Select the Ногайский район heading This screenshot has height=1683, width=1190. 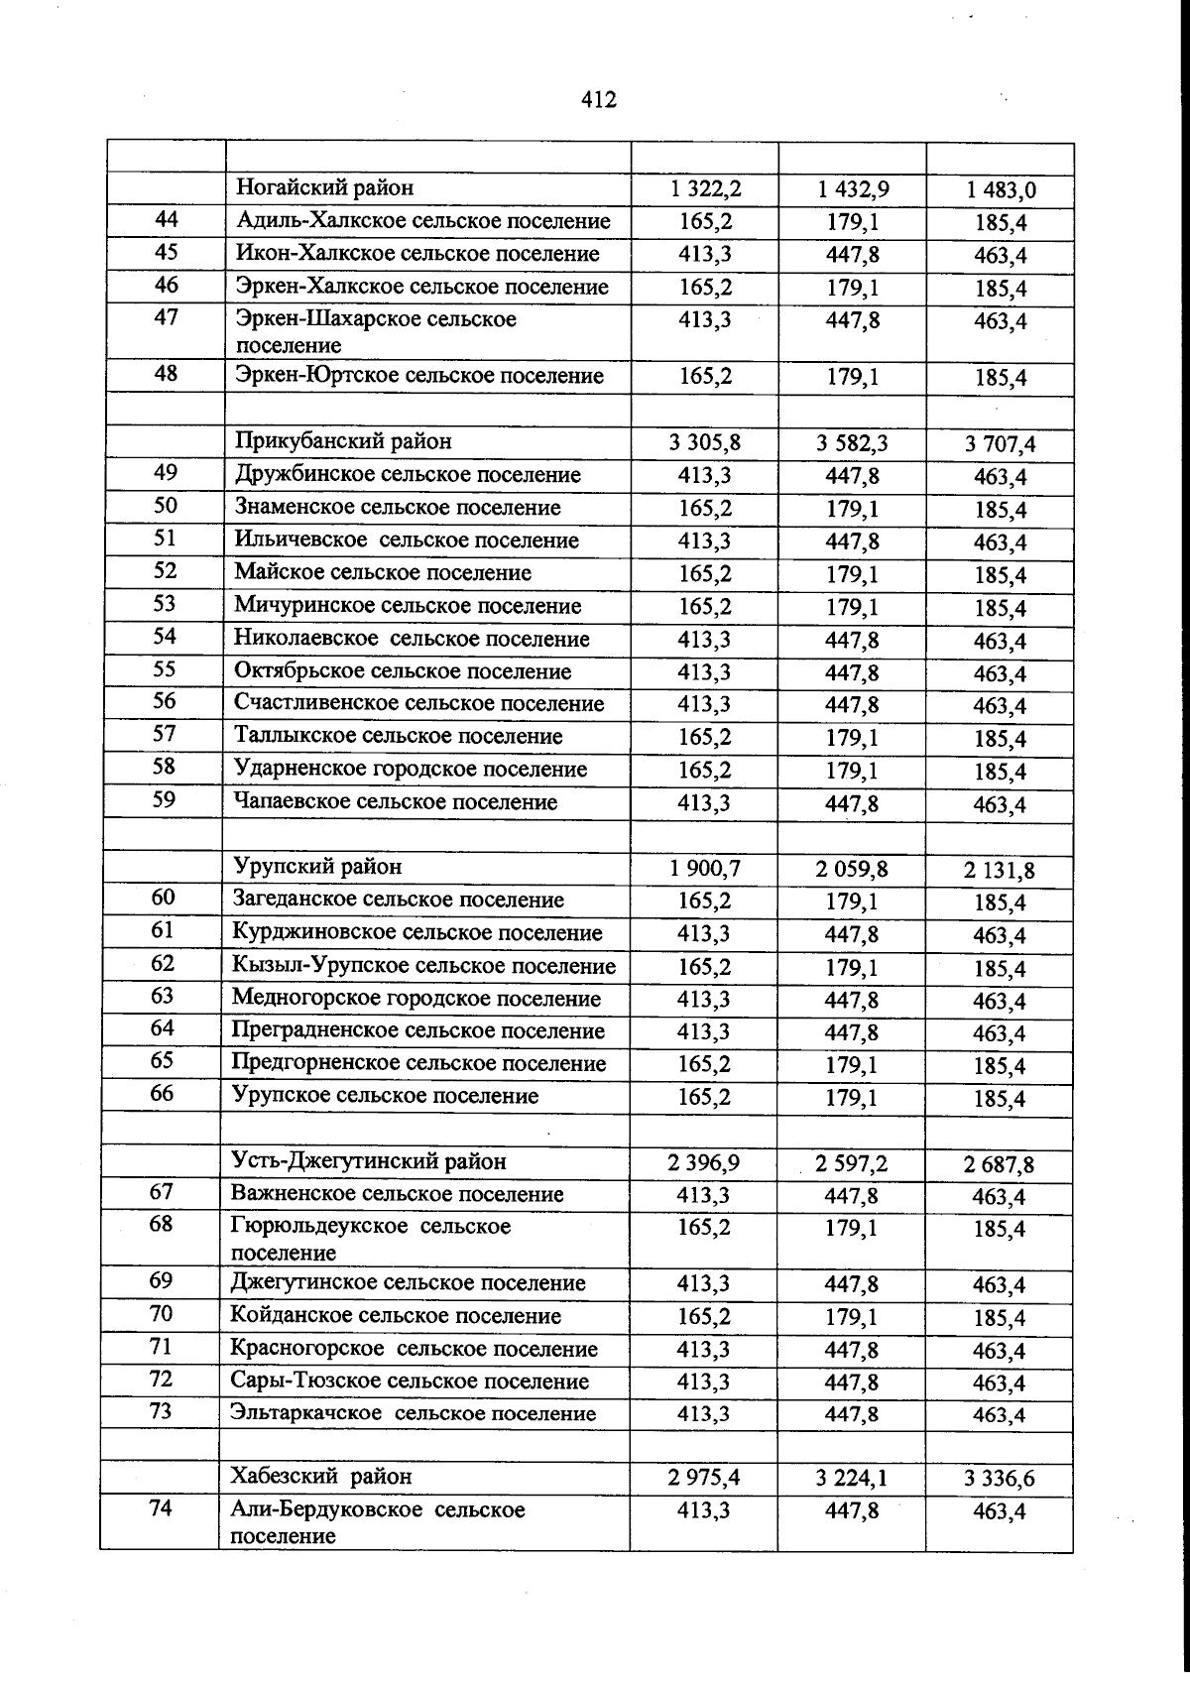pyautogui.click(x=324, y=187)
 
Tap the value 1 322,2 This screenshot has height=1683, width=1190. pyautogui.click(x=705, y=188)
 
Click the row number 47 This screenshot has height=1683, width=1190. pyautogui.click(x=167, y=318)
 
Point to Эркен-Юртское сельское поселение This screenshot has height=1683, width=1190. pyautogui.click(x=418, y=376)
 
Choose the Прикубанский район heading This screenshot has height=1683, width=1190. pyautogui.click(x=343, y=441)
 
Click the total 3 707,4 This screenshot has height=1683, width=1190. pyautogui.click(x=1000, y=444)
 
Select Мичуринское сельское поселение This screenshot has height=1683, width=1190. pyautogui.click(x=408, y=605)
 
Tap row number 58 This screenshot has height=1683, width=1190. pyautogui.click(x=165, y=767)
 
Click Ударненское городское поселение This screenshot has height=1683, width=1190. pyautogui.click(x=411, y=769)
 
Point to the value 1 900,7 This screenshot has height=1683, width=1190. pyautogui.click(x=704, y=869)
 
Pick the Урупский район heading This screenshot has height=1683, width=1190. pyautogui.click(x=317, y=867)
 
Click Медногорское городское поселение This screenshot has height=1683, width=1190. pyautogui.click(x=416, y=998)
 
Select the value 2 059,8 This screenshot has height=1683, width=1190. pyautogui.click(x=852, y=870)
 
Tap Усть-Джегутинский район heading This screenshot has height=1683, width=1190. pyautogui.click(x=368, y=1160)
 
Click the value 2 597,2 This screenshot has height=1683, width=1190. pyautogui.click(x=852, y=1163)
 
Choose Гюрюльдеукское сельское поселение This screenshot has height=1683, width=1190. pyautogui.click(x=370, y=1239)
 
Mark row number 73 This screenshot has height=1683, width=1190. pyautogui.click(x=162, y=1410)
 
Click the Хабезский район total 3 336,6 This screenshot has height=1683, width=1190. pyautogui.click(x=999, y=1479)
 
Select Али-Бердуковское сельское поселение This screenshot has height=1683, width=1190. pyautogui.click(x=377, y=1522)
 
